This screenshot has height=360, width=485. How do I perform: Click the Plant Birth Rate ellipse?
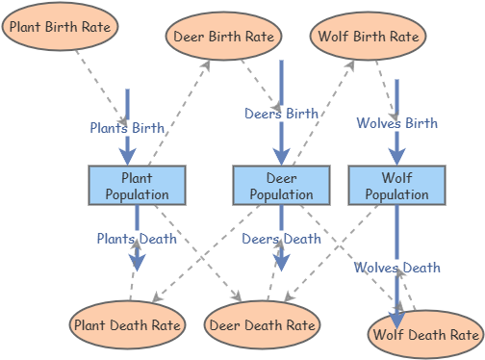point(61,26)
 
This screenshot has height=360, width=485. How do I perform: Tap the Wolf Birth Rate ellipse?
point(367,37)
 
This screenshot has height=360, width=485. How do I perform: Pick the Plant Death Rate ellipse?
point(128,324)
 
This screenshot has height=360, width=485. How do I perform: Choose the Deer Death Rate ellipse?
point(263,325)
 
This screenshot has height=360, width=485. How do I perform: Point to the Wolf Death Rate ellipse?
point(425,334)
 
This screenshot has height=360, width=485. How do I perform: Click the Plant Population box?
point(137,186)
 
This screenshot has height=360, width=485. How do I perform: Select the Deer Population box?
point(281,186)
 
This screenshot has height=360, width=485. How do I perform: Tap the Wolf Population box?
point(396,186)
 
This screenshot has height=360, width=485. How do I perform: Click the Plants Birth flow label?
point(128,127)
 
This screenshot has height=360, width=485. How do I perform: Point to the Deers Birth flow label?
point(281,114)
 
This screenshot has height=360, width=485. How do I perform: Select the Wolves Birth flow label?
point(396,123)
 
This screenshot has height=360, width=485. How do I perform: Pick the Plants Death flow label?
point(137,238)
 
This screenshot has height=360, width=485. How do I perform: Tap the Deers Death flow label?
point(281,239)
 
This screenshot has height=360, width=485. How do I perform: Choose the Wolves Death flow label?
point(396,267)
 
